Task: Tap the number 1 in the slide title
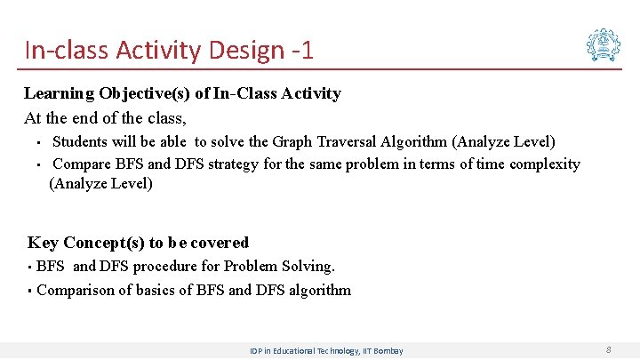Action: (x=308, y=50)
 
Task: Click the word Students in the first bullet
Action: (x=80, y=141)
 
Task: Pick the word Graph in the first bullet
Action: (x=292, y=141)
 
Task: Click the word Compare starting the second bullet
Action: (x=82, y=164)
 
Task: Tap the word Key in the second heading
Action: (x=44, y=243)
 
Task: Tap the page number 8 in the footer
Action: (x=608, y=350)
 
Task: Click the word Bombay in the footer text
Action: (x=388, y=351)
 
